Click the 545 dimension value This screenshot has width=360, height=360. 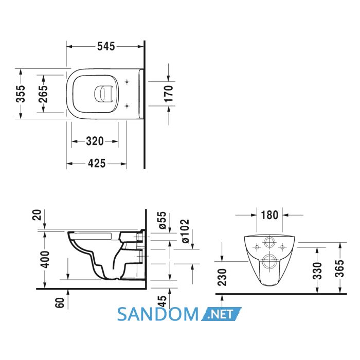tap(106, 46)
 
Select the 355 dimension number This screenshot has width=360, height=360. tap(21, 94)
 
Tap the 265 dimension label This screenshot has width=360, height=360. tap(43, 94)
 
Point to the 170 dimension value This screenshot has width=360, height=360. tap(169, 94)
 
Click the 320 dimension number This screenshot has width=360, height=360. tap(95, 141)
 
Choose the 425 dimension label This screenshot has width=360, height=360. tap(97, 164)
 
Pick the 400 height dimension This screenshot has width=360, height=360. tap(45, 259)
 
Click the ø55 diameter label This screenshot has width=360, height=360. tap(162, 220)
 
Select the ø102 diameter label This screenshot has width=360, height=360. tap(185, 231)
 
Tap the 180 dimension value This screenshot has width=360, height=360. tap(269, 215)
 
